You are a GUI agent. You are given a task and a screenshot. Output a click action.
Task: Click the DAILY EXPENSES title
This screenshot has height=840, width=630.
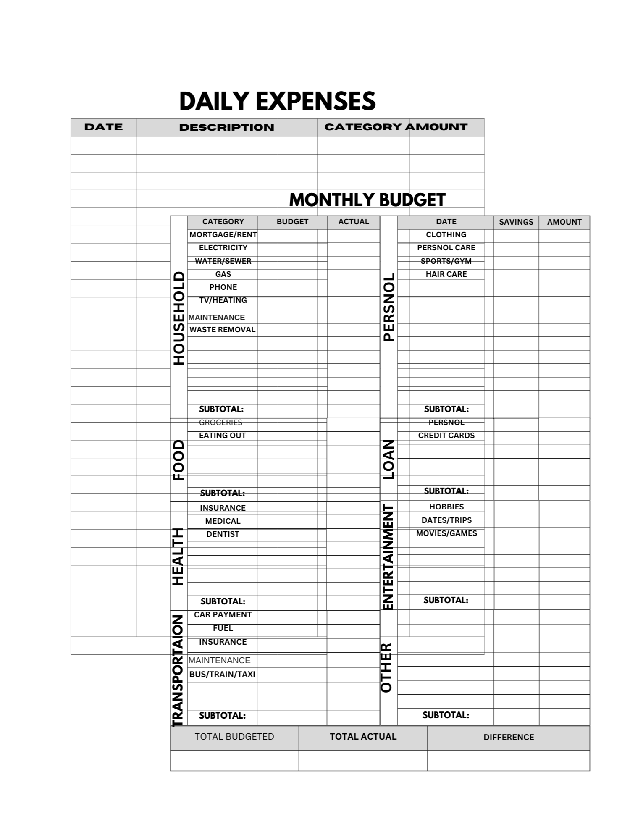(x=277, y=101)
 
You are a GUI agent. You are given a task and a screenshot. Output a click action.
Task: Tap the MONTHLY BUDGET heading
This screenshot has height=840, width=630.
(x=367, y=200)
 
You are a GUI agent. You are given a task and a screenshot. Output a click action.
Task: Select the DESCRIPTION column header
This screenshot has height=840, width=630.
(x=226, y=127)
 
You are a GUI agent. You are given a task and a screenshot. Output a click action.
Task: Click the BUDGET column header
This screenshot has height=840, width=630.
(x=292, y=222)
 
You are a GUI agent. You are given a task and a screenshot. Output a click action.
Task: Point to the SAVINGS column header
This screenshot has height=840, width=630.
(x=516, y=222)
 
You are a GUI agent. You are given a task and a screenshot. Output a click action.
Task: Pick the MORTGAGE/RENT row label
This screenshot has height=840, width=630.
(x=223, y=235)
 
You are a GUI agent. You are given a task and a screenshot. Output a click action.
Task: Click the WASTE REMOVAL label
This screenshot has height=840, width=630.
(x=223, y=330)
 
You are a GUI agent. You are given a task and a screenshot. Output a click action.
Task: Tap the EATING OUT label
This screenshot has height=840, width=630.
(x=222, y=436)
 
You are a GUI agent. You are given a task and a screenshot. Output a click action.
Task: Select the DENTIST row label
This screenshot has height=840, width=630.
(x=223, y=534)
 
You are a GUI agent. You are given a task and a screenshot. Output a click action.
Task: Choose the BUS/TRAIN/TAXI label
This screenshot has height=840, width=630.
(x=222, y=674)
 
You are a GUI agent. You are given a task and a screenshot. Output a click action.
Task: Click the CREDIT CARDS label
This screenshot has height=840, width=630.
(x=446, y=436)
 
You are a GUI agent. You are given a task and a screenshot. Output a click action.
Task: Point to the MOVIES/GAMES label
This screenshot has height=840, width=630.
(x=446, y=533)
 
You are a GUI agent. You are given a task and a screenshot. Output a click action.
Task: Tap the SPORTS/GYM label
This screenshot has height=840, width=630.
(x=446, y=261)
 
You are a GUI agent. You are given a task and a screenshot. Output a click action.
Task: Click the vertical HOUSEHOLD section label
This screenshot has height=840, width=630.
(x=179, y=318)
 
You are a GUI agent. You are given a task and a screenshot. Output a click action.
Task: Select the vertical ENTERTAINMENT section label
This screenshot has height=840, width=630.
(x=388, y=557)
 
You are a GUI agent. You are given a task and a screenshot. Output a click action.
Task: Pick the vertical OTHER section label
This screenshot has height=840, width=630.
(x=386, y=667)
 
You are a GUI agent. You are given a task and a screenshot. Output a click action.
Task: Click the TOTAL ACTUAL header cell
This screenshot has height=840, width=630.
(x=363, y=737)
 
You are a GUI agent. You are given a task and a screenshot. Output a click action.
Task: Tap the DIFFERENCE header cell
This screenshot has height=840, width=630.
(x=509, y=737)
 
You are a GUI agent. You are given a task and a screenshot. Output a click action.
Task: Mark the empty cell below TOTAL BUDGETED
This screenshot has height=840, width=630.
(x=234, y=760)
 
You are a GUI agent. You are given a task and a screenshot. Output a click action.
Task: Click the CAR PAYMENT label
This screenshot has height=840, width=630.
(x=223, y=615)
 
